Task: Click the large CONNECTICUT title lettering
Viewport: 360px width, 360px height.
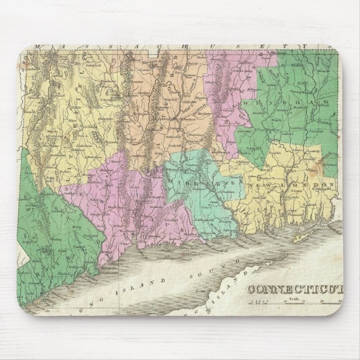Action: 295,289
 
